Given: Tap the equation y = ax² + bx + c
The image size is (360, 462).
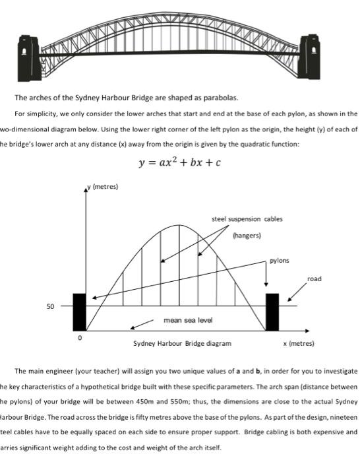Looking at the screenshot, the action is [179, 162].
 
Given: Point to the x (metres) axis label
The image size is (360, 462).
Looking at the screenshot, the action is [299, 344].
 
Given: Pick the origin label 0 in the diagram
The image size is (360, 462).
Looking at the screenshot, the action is [80, 337].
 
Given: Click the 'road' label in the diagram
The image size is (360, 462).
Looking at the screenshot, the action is [315, 279].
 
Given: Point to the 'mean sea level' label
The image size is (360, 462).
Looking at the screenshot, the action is [187, 319].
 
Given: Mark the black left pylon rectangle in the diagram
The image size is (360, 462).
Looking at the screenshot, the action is [79, 312].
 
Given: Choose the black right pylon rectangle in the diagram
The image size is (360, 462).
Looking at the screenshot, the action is [272, 312].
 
